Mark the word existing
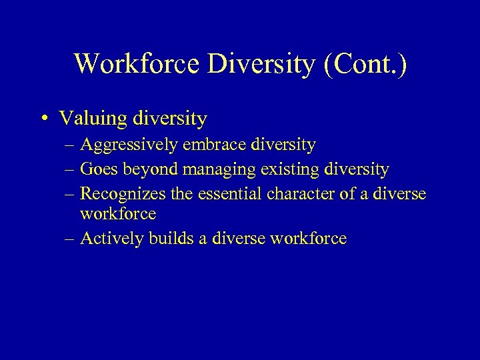coord(291,170)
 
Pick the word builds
coord(172,239)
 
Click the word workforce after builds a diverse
coord(309,239)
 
